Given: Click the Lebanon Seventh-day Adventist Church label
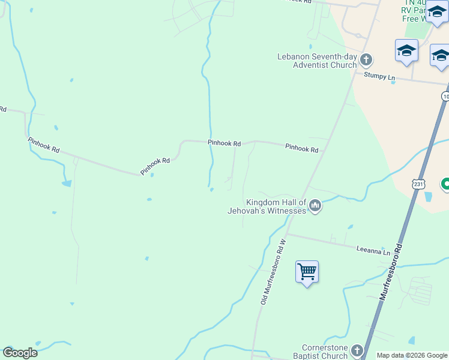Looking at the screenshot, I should click(x=317, y=61).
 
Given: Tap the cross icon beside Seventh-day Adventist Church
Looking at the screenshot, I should click(x=366, y=61).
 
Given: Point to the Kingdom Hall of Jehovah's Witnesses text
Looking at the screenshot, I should click(x=267, y=207).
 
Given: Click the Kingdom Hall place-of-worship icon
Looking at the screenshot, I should click(x=315, y=207).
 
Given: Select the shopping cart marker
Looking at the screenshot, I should click(x=307, y=272).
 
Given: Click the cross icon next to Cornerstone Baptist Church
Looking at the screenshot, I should click(x=357, y=350).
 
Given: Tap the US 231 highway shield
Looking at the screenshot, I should click(x=418, y=184).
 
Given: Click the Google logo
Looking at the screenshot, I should click(x=20, y=353).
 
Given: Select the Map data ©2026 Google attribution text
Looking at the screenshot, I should click(x=412, y=355).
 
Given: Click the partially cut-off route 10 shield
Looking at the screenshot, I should click(x=445, y=96).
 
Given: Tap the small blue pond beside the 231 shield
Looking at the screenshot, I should click(x=428, y=196).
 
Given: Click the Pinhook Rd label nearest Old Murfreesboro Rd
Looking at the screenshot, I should click(x=301, y=148).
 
